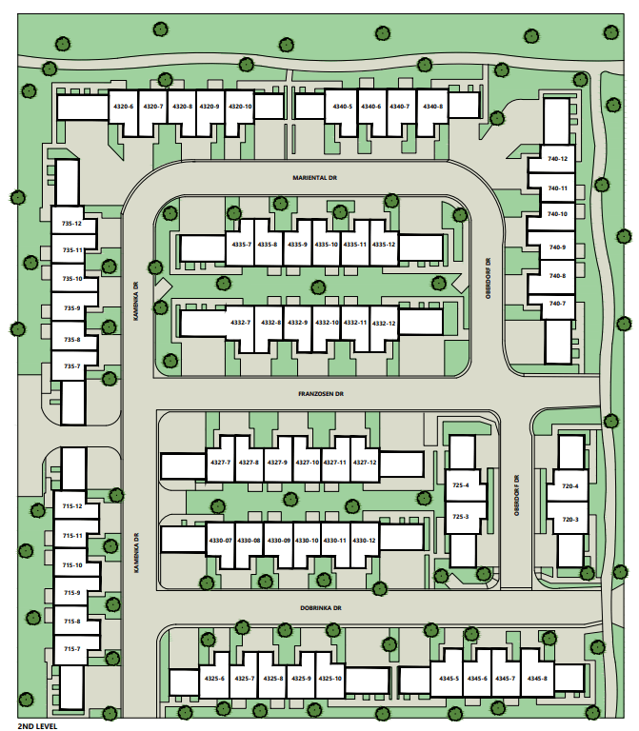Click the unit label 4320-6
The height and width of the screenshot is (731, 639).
coord(123,107)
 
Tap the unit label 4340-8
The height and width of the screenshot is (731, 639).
coord(432,107)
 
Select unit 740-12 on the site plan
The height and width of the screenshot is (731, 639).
coord(558,159)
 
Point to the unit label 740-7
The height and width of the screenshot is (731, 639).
coord(558,304)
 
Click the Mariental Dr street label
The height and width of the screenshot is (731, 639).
coord(316,177)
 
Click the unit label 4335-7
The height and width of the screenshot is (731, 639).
coord(241,245)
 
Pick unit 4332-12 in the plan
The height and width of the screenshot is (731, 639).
coord(385,323)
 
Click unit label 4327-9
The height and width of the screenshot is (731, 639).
coord(278,463)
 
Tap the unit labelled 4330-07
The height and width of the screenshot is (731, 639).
coord(220,541)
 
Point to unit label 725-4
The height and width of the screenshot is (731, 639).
coord(461,486)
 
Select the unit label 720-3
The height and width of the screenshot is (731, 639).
coord(570,520)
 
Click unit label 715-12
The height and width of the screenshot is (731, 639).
coord(72,506)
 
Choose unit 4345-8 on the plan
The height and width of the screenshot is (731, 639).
coord(537,679)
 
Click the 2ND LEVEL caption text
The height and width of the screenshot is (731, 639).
coord(38,725)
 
